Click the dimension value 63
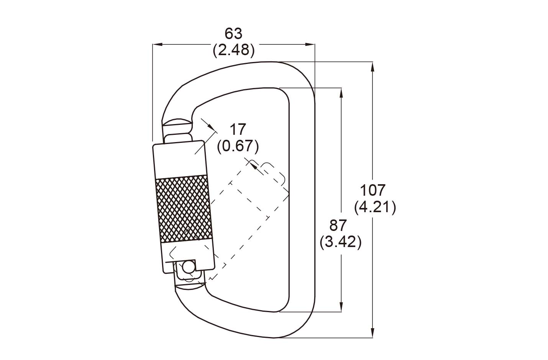(x=233, y=33)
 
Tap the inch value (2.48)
(x=234, y=50)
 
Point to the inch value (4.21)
(x=375, y=207)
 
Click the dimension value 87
(x=338, y=225)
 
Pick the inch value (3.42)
(x=341, y=242)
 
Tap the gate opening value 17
(x=238, y=129)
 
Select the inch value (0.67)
(x=238, y=146)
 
